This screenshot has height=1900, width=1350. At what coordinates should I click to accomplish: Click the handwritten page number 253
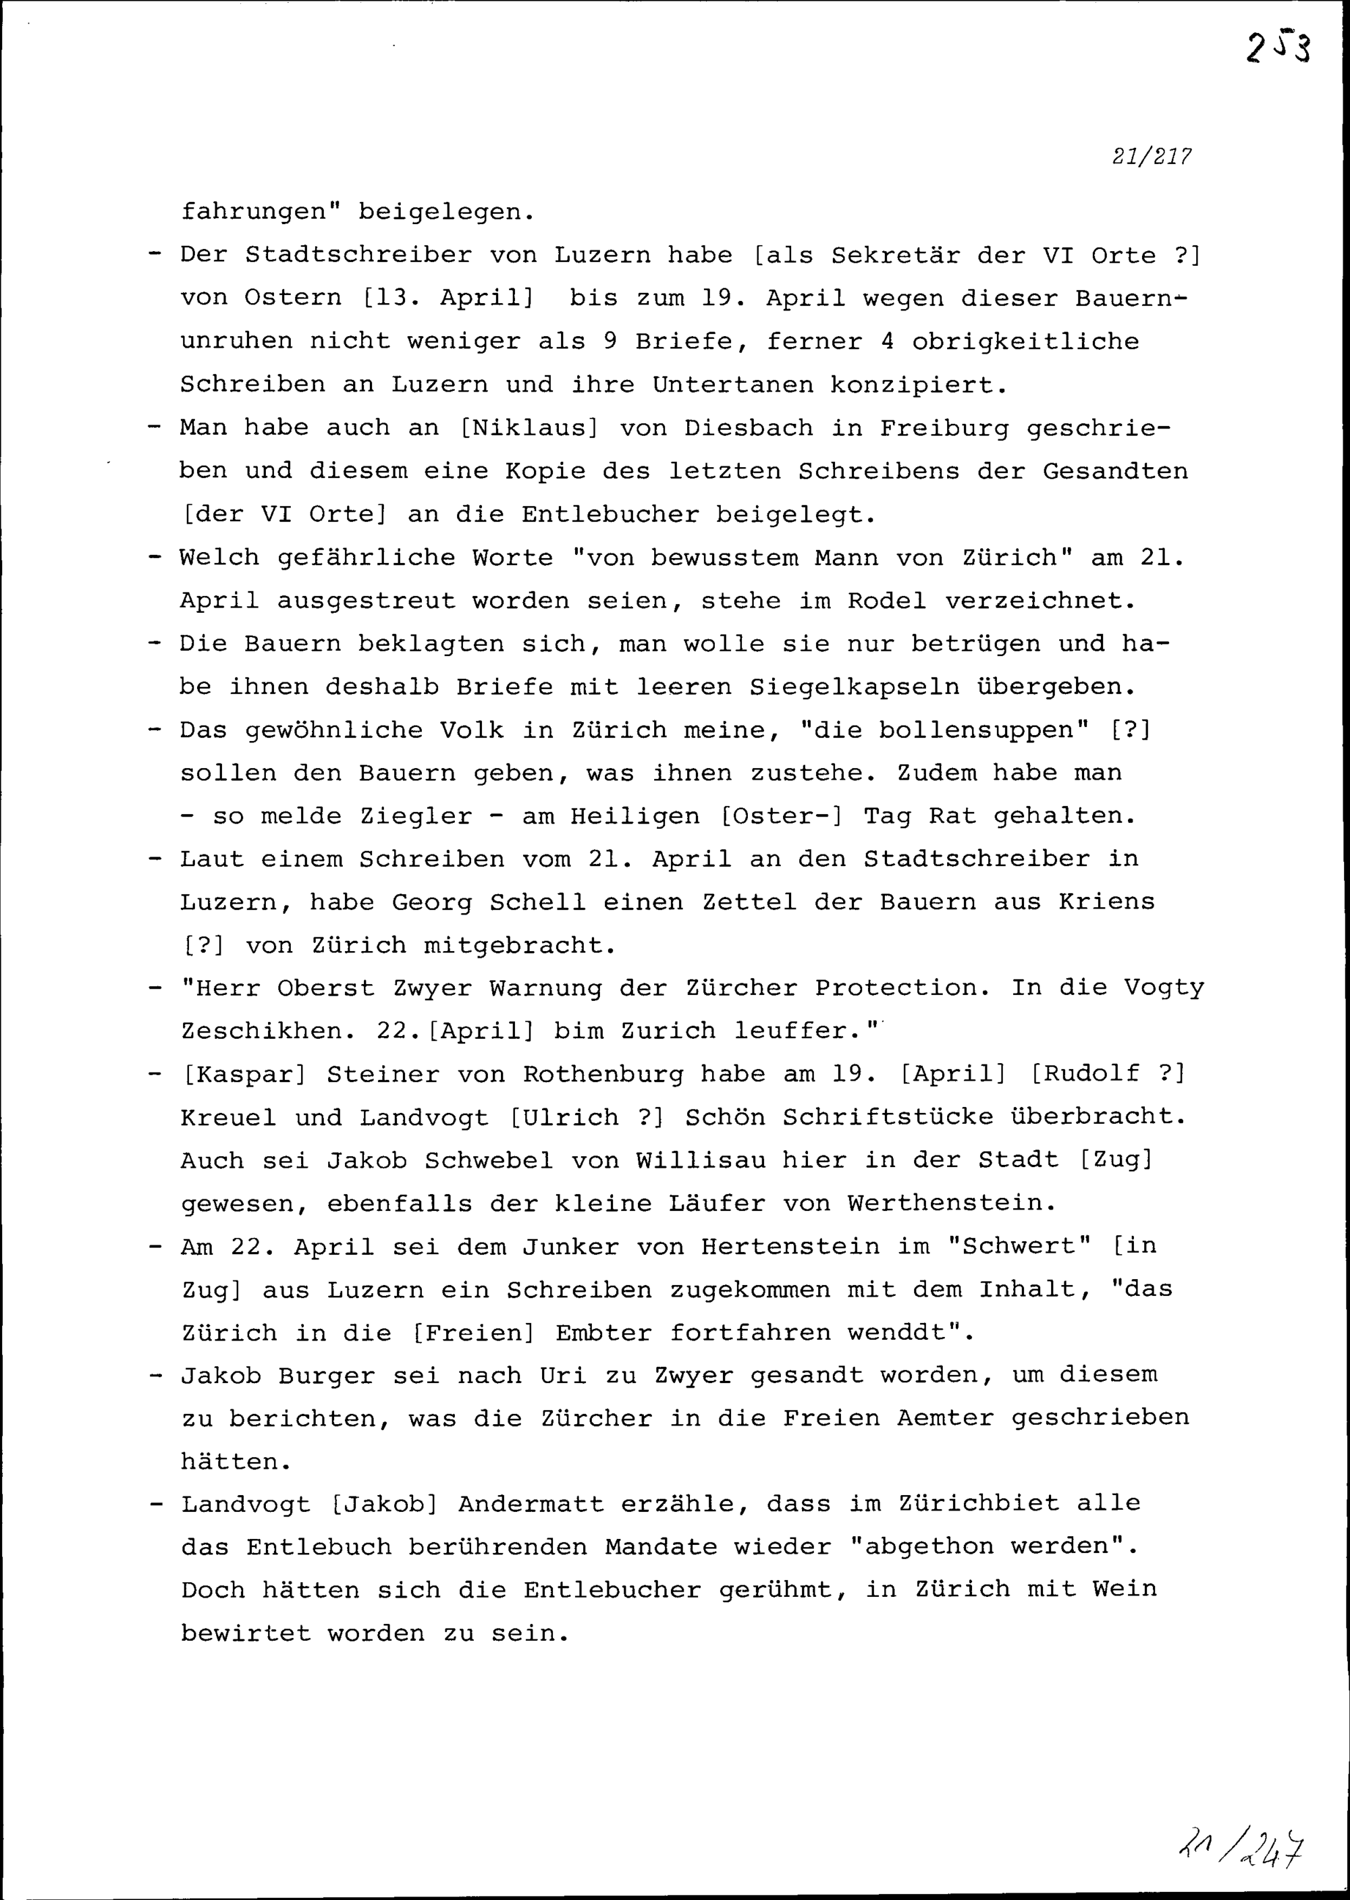1278,48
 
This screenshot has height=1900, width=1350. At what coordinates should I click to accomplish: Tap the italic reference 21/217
1152,157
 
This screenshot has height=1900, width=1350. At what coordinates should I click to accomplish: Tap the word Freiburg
944,428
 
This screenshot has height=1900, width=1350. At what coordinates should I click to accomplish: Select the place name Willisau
701,1160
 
